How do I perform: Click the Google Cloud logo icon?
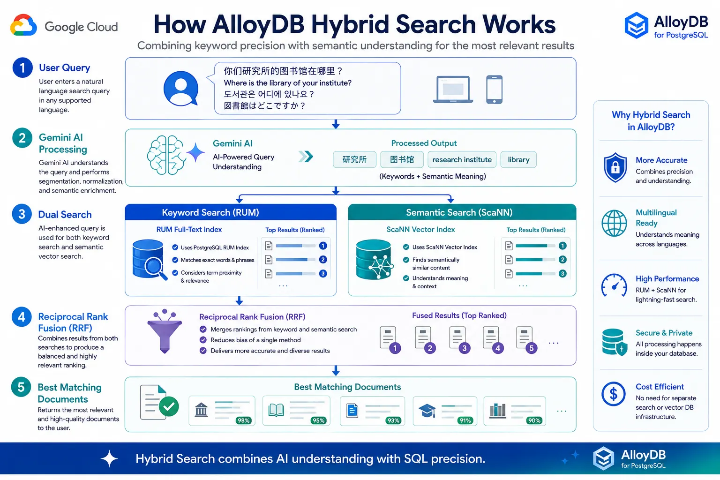click(x=23, y=25)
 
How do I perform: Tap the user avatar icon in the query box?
click(x=180, y=89)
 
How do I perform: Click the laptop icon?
click(x=453, y=90)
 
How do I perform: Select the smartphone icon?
click(x=494, y=90)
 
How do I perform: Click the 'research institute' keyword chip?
click(x=462, y=159)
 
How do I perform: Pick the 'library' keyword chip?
click(x=518, y=159)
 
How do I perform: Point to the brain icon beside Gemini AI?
click(x=166, y=155)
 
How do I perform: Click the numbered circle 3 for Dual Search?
click(x=22, y=214)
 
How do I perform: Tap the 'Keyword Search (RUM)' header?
click(x=210, y=212)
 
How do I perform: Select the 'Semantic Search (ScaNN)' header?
click(x=459, y=212)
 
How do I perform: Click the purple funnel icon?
click(x=165, y=331)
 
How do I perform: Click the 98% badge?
click(x=243, y=420)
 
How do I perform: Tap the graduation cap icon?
click(x=427, y=411)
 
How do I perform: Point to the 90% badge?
click(x=534, y=420)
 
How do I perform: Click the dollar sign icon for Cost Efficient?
click(x=614, y=394)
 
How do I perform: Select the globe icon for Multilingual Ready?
click(x=614, y=224)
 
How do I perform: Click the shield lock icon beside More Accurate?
click(x=615, y=167)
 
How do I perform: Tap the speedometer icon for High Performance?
click(x=614, y=285)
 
